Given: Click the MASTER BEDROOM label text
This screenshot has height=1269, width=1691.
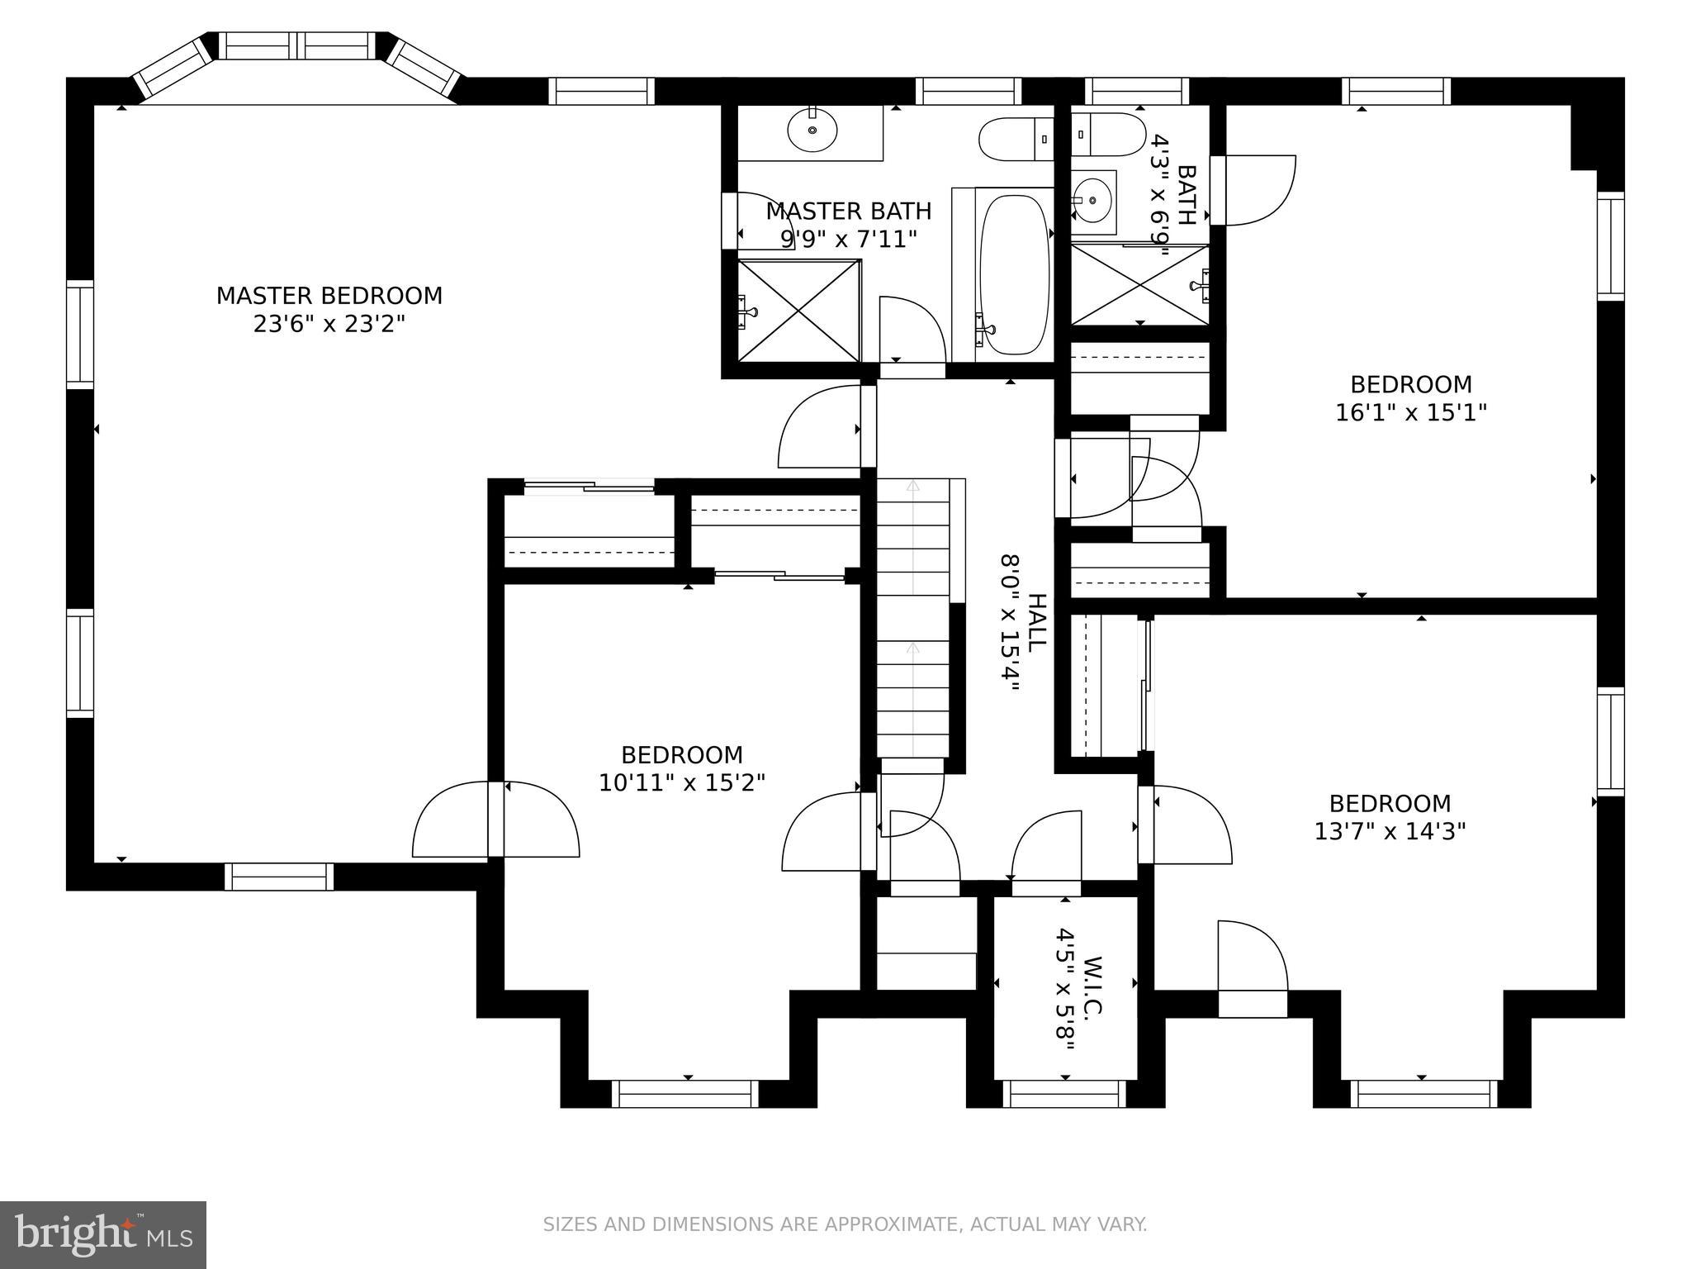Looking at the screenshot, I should click(x=329, y=296).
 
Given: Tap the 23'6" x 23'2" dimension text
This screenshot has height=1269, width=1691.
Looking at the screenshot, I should click(x=329, y=324).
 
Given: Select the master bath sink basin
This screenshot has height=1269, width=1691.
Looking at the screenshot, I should click(x=812, y=130).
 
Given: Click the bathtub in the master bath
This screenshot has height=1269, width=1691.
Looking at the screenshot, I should click(x=1014, y=274).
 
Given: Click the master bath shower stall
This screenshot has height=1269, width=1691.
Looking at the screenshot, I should click(x=798, y=311).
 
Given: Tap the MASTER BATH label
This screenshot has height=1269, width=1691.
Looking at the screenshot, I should click(x=848, y=211).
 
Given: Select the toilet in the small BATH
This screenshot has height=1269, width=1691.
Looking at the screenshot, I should click(x=1106, y=134).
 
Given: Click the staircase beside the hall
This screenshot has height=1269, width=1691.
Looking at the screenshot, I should click(x=912, y=620).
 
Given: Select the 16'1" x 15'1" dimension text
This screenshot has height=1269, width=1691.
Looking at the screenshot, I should click(x=1410, y=412).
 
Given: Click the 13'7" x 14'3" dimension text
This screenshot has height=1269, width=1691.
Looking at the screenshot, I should click(x=1390, y=831).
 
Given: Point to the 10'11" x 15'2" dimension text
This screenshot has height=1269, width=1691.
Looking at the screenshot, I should click(x=682, y=782).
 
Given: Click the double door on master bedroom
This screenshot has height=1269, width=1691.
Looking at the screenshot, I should click(x=495, y=820).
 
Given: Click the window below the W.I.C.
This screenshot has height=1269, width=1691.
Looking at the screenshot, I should click(x=1064, y=1094).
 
